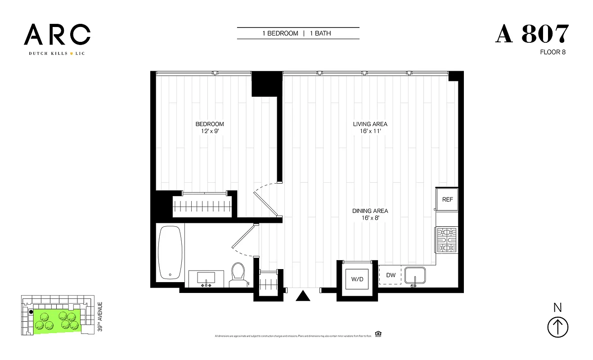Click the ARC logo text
(x=57, y=35)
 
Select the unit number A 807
(x=532, y=35)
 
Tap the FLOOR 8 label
(x=553, y=52)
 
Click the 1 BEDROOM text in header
(x=280, y=33)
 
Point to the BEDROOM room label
(x=209, y=124)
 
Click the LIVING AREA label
(x=370, y=124)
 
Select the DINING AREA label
(x=370, y=211)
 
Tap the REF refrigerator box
(x=447, y=199)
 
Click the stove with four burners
(x=447, y=241)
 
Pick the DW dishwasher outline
(x=391, y=275)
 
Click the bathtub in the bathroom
(x=171, y=252)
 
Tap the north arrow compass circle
(x=557, y=327)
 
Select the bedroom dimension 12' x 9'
(x=209, y=131)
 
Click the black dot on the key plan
(x=31, y=311)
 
